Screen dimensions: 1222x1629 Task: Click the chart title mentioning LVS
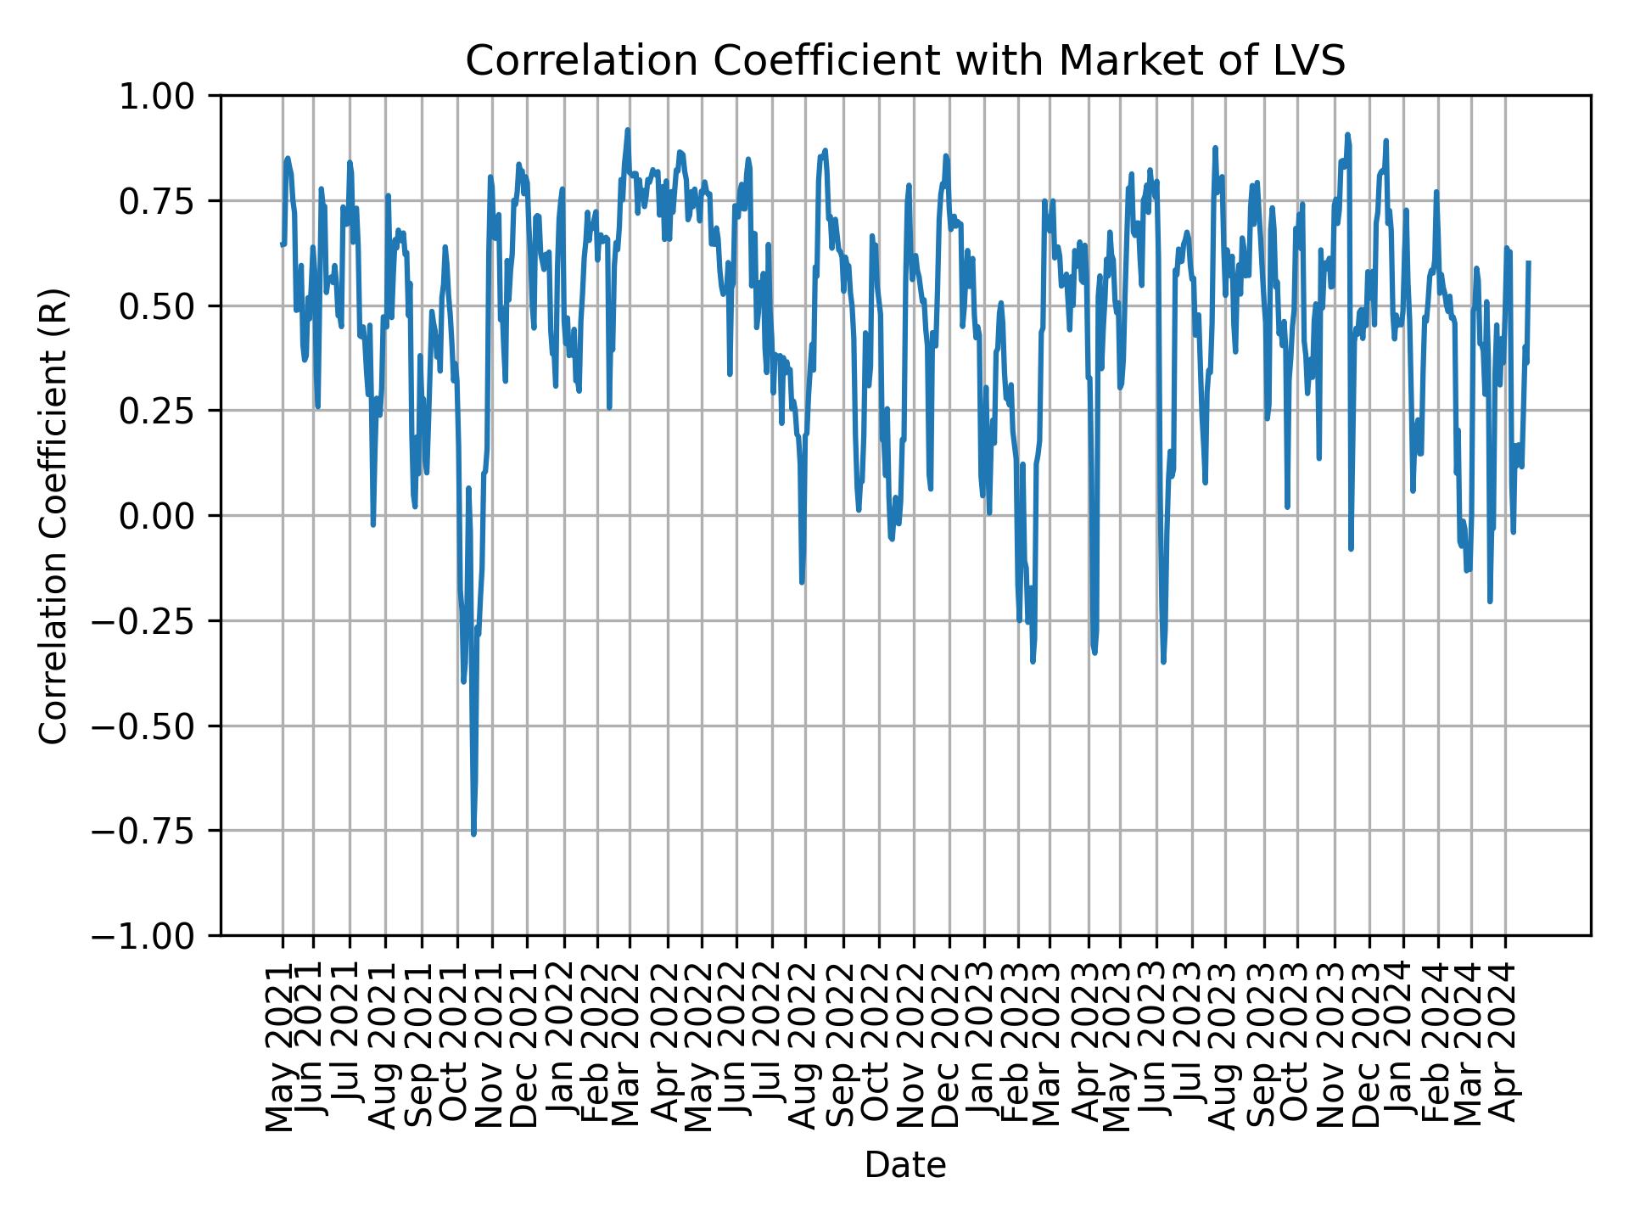pos(905,61)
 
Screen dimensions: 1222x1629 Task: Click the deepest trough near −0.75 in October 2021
pos(473,833)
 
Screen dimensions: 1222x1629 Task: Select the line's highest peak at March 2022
pos(628,130)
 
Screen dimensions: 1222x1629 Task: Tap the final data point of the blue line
pos(1528,263)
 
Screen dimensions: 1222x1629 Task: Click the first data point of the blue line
pos(282,244)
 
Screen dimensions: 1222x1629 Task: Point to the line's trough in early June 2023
pos(1163,661)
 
